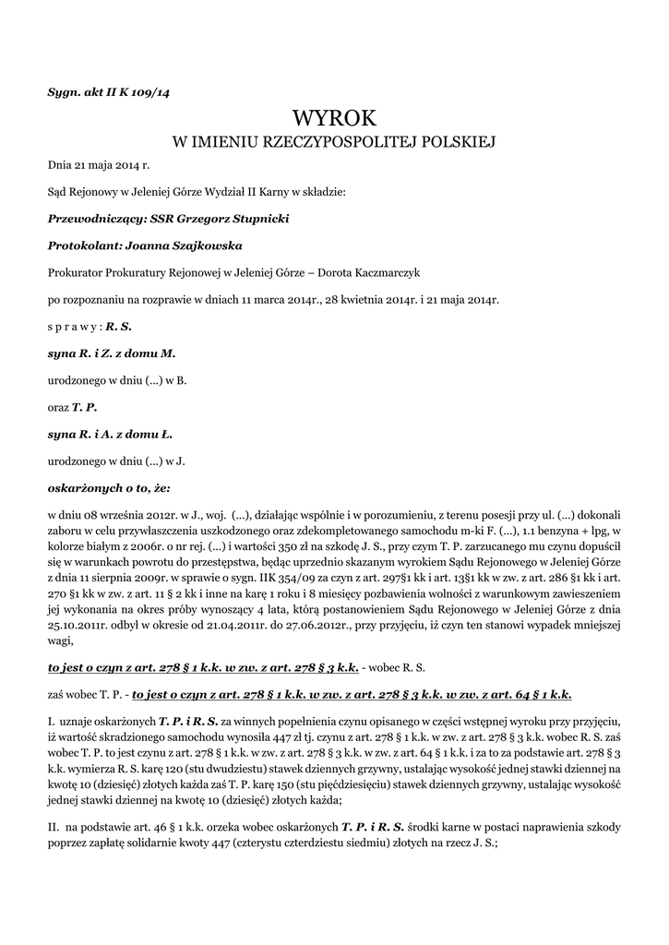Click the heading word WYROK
tap(334, 118)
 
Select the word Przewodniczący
tap(88, 219)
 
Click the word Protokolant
tap(80, 245)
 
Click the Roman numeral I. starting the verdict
tap(52, 720)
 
